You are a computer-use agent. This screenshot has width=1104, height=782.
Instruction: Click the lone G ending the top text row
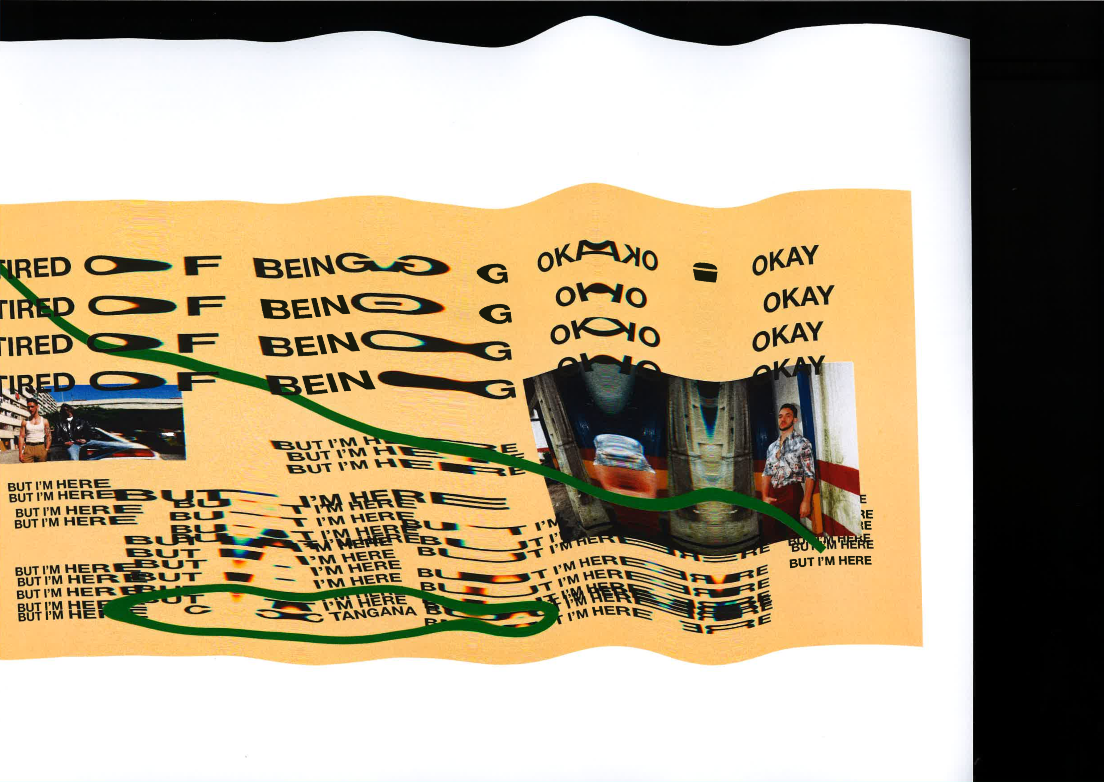point(492,274)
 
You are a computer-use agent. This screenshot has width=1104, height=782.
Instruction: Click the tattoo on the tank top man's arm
point(49,436)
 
